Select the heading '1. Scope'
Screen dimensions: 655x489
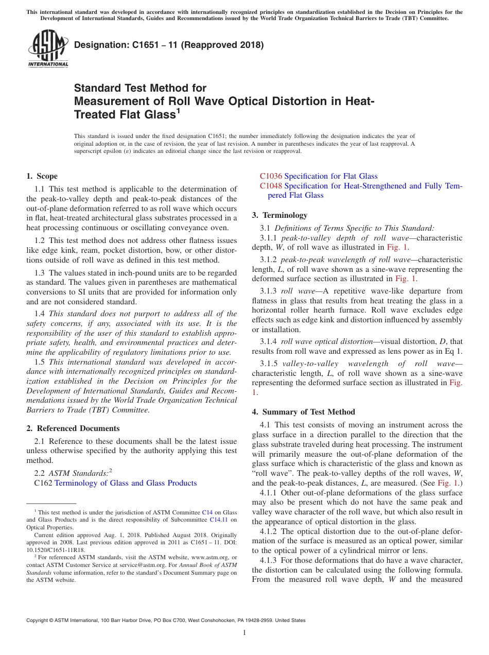(42, 176)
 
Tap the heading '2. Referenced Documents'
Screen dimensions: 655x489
(73, 428)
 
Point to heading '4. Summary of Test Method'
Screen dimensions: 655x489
(303, 412)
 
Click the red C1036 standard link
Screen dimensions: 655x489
(271, 176)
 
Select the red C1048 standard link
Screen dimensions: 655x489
(271, 186)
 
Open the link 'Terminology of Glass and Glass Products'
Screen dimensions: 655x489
(126, 483)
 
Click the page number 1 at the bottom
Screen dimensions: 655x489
(244, 632)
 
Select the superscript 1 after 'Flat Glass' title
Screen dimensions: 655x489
(178, 110)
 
